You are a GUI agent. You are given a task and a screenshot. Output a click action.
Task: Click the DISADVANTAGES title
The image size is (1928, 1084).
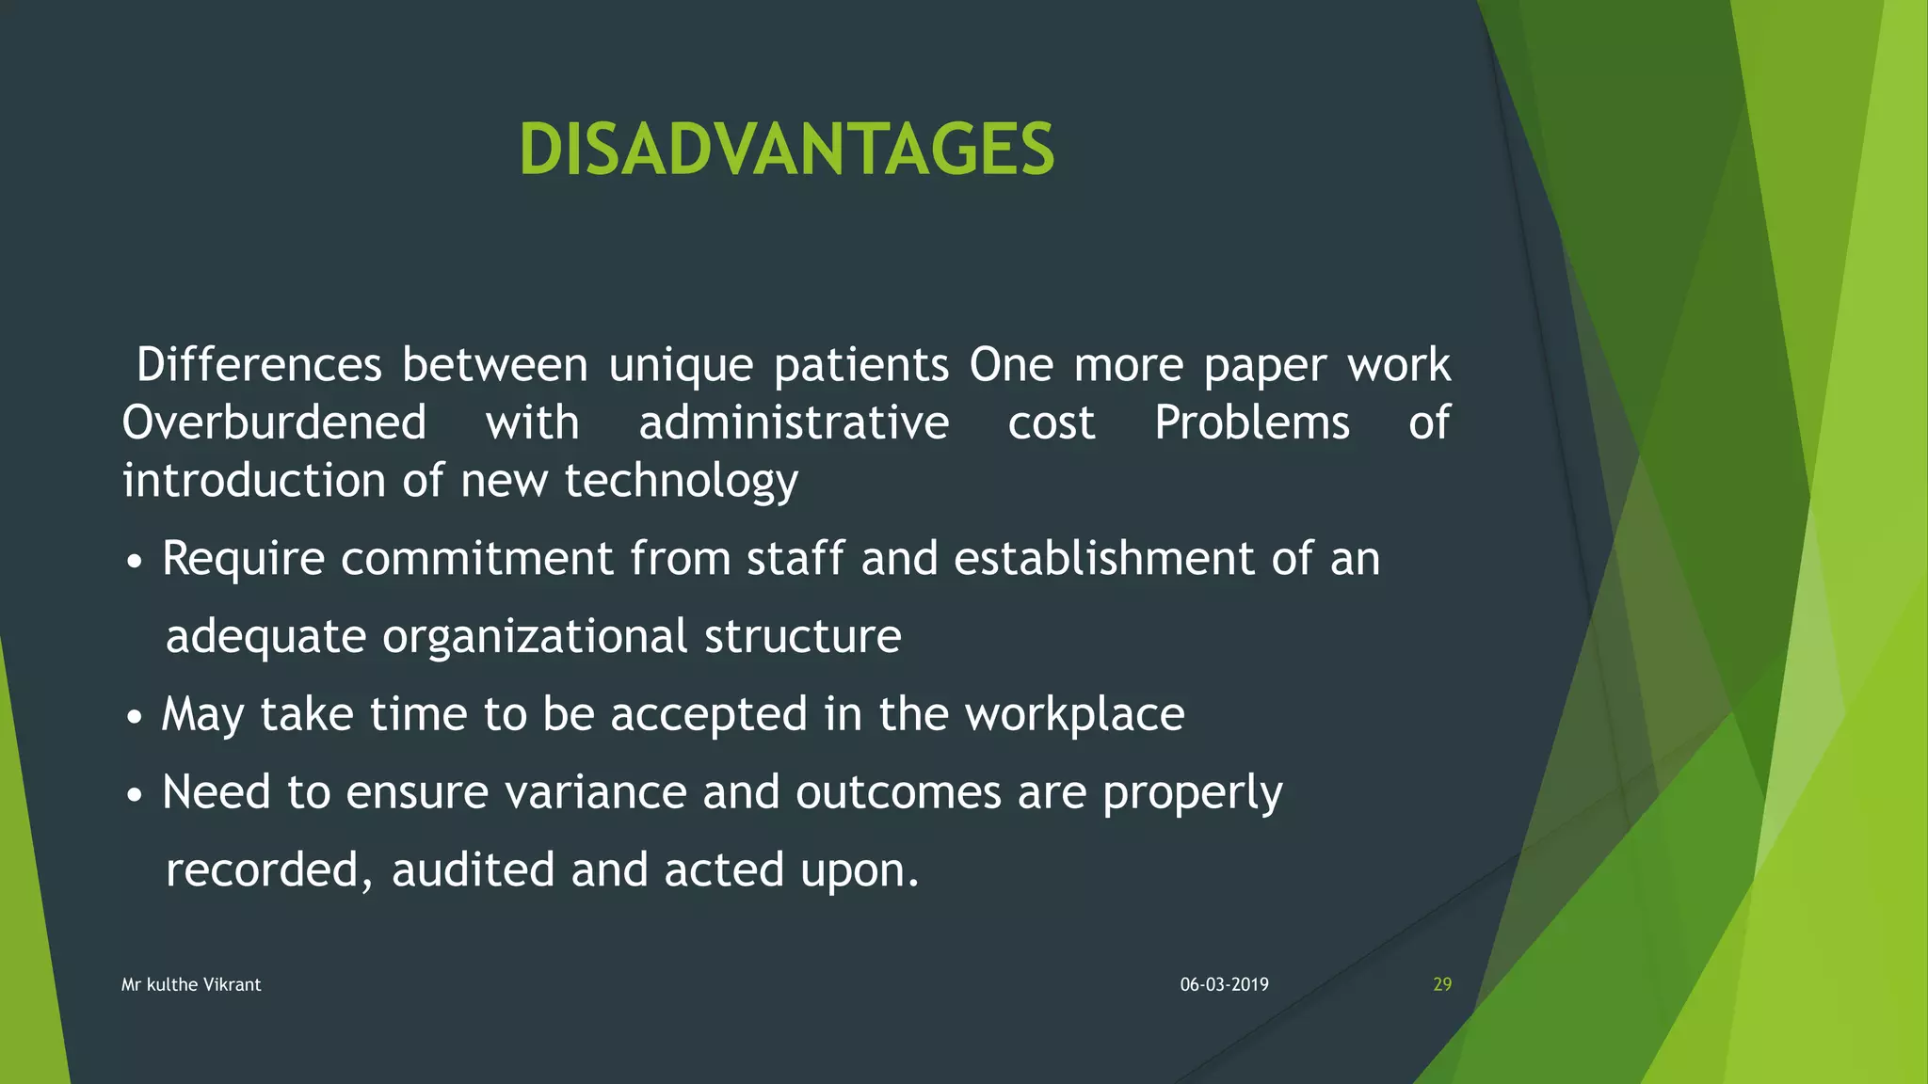click(x=786, y=150)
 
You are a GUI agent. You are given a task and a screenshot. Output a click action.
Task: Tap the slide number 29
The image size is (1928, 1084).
click(x=1441, y=984)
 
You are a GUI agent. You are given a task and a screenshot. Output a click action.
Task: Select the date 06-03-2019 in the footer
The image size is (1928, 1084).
click(x=1224, y=984)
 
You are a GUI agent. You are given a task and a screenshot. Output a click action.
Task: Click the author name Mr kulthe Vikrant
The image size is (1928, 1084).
click(x=191, y=984)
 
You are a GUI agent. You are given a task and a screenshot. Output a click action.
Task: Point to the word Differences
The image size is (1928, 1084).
click(x=259, y=364)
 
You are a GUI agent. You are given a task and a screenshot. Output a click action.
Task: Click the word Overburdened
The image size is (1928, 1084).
click(x=274, y=422)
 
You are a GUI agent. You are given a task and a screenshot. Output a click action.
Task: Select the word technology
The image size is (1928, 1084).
click(x=681, y=481)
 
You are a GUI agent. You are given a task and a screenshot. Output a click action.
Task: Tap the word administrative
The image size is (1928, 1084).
click(x=794, y=422)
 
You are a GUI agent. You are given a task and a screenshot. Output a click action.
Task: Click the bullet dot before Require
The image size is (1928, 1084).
click(x=136, y=563)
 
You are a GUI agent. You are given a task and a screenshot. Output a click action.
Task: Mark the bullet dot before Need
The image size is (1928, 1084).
click(x=136, y=796)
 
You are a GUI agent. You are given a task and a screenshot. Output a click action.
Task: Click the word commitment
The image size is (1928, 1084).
click(x=476, y=558)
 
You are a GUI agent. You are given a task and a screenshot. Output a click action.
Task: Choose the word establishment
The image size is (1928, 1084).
click(x=1104, y=558)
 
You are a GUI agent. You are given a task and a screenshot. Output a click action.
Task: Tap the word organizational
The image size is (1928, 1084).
click(x=535, y=637)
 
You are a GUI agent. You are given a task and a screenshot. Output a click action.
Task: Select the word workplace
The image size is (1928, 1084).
click(x=1074, y=714)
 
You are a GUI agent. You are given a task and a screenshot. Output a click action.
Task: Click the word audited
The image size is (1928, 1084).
click(x=473, y=869)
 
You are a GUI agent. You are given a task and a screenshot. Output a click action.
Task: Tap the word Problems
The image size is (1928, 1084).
click(x=1251, y=422)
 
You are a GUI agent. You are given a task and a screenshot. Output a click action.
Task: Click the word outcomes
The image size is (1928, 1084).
click(x=898, y=791)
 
